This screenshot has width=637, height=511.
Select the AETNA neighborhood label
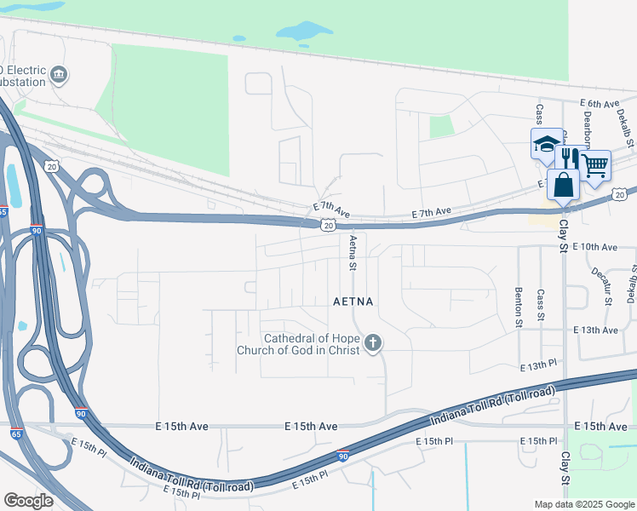pyautogui.click(x=353, y=301)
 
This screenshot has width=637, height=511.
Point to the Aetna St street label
pyautogui.click(x=352, y=253)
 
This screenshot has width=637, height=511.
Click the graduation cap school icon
pyautogui.click(x=546, y=144)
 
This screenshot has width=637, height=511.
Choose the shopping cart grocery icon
pyautogui.click(x=595, y=165)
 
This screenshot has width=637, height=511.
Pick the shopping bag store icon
pyautogui.click(x=563, y=183)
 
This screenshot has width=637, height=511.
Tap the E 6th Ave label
pyautogui.click(x=599, y=103)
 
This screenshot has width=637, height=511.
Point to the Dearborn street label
pyautogui.click(x=586, y=127)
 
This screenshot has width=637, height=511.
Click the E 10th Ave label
pyautogui.click(x=594, y=247)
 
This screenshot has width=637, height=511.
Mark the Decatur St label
pyautogui.click(x=607, y=283)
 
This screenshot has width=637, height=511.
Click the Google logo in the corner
pyautogui.click(x=29, y=500)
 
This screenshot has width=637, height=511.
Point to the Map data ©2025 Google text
pyautogui.click(x=583, y=504)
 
